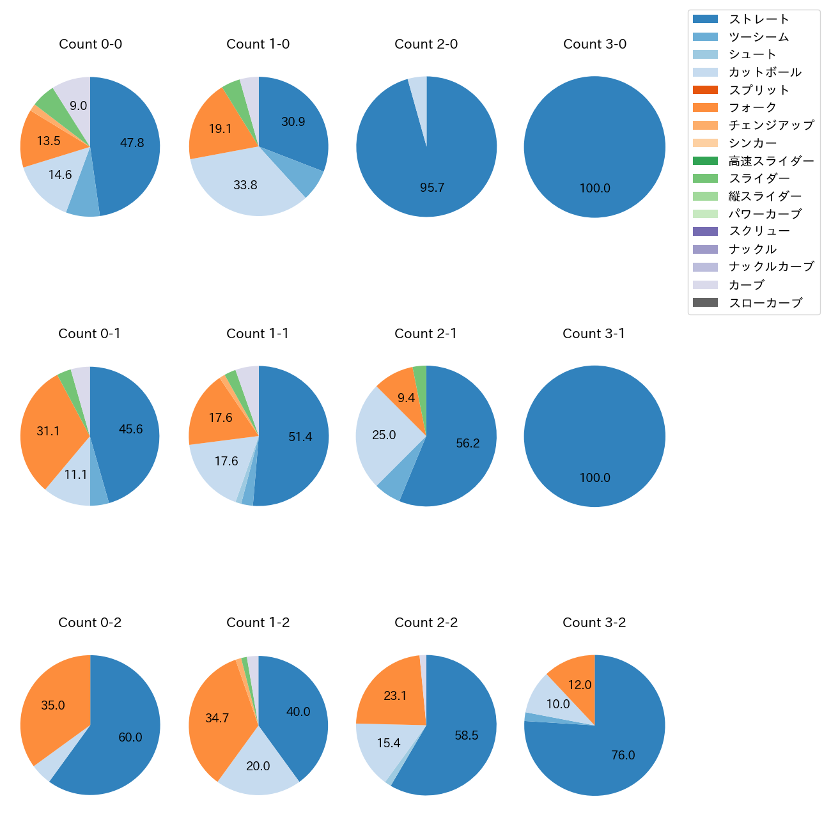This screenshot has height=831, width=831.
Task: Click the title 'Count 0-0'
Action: pos(90,44)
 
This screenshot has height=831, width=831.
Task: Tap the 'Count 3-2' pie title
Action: pos(594,623)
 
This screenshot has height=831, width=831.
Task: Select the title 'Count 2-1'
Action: pos(426,334)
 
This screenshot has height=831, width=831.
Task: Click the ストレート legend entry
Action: pos(759,19)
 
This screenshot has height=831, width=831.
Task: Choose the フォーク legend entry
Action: pos(752,107)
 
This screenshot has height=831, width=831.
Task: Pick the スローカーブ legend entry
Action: pos(765,303)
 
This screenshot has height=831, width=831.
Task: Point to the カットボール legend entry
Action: pos(765,72)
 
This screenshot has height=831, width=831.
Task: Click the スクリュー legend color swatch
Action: pos(705,231)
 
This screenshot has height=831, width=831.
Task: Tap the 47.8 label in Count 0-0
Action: pos(132,143)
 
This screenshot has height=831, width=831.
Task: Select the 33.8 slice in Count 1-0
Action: pos(245,185)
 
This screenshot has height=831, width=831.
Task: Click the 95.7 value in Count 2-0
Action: pos(432,188)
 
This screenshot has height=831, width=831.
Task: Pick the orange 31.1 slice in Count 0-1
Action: pos(48,431)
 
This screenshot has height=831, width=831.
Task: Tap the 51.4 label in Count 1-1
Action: pos(300,437)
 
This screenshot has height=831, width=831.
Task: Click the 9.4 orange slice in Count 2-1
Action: pos(406,398)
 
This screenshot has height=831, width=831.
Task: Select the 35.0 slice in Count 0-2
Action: pos(53,706)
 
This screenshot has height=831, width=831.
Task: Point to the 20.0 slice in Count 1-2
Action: pos(258,766)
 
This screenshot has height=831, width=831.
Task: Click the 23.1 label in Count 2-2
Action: pos(395,695)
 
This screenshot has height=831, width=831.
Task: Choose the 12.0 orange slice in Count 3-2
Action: pos(579,685)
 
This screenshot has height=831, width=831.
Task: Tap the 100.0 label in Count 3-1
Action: pos(594,478)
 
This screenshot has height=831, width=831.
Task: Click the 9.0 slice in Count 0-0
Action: pos(78,106)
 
